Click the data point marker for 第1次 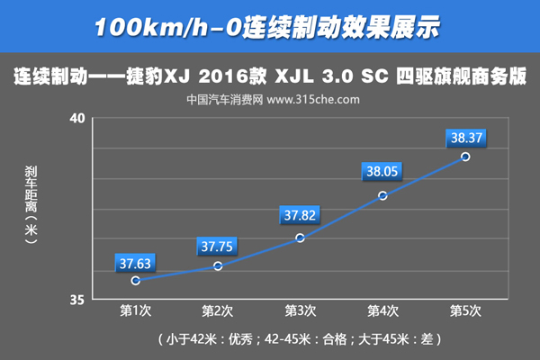pyautogui.click(x=135, y=281)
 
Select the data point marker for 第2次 pyautogui.click(x=218, y=265)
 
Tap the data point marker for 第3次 pyautogui.click(x=300, y=238)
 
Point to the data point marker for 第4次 pyautogui.click(x=382, y=195)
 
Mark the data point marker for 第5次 pyautogui.click(x=465, y=157)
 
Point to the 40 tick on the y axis pyautogui.click(x=76, y=119)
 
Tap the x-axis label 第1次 pyautogui.click(x=135, y=310)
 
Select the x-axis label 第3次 pyautogui.click(x=300, y=310)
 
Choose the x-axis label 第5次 pyautogui.click(x=465, y=310)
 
